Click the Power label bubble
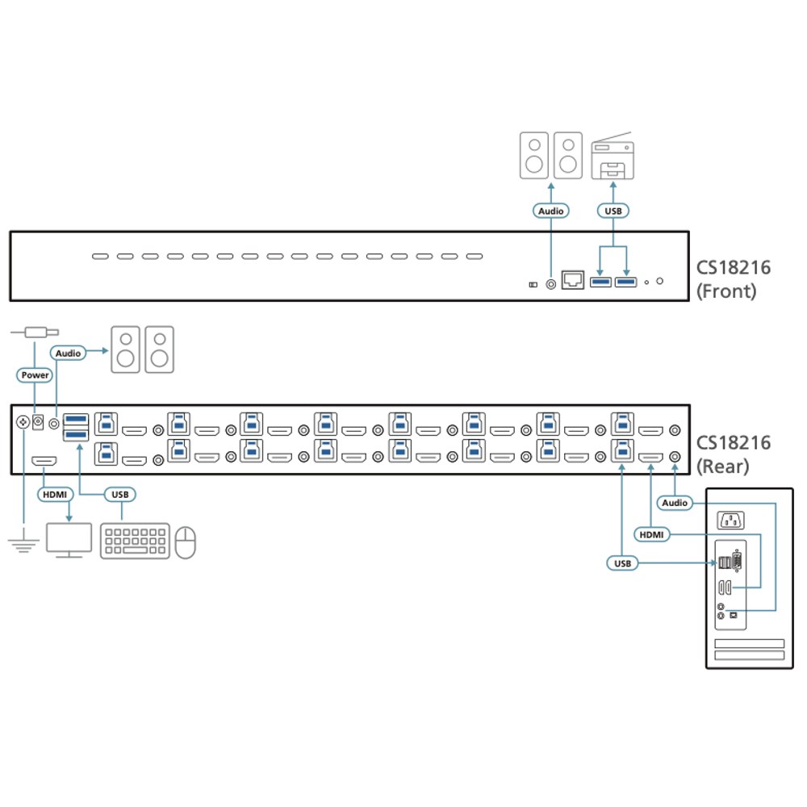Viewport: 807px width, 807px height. coord(35,375)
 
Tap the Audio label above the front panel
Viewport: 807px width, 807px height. coord(550,211)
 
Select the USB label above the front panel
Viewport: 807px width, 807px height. coord(613,211)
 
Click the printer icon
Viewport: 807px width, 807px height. coord(613,156)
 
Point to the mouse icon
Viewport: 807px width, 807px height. coord(186,542)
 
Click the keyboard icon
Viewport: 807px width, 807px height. coord(135,541)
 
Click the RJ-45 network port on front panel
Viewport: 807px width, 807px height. coord(572,280)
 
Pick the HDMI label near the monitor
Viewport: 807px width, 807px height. coord(55,495)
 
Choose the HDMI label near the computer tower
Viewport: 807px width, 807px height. coord(651,535)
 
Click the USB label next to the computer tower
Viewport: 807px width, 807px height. coord(622,563)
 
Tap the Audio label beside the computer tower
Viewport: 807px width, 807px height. coord(675,503)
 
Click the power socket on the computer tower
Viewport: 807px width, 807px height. coord(730,521)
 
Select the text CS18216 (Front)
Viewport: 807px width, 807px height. coord(734,279)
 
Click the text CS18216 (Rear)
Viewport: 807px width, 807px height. coord(734,454)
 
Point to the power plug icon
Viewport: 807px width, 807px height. coord(35,332)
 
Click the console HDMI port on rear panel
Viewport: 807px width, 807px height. coord(44,461)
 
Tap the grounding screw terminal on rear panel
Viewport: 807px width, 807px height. coord(23,423)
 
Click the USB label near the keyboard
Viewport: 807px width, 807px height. coord(120,495)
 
